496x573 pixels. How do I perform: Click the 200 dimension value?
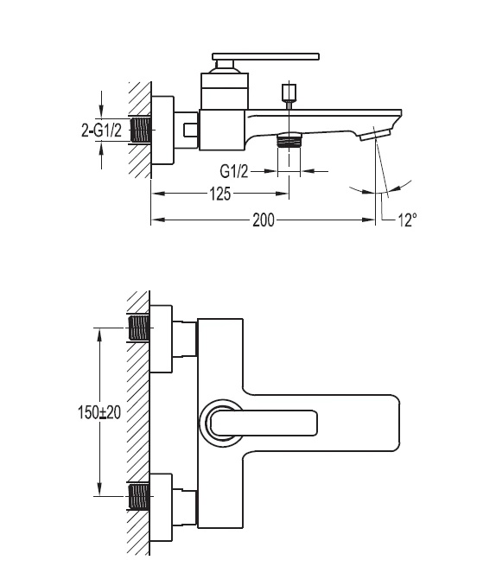[264, 220]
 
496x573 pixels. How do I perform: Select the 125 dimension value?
[220, 194]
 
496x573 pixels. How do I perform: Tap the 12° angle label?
[407, 220]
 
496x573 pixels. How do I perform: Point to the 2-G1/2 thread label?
[101, 131]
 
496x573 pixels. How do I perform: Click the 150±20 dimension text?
[99, 412]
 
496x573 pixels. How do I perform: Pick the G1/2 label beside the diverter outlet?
[234, 170]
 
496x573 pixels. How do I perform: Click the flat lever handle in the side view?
[266, 56]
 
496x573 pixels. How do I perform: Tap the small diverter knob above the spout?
[289, 92]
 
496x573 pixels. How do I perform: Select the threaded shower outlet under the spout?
[289, 140]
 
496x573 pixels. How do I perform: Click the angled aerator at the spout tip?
[374, 135]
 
